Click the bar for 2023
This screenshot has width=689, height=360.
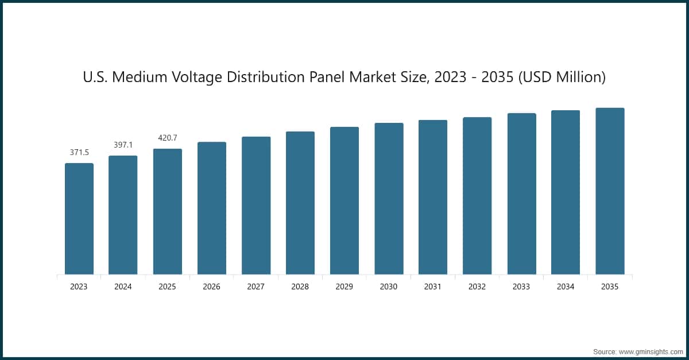(x=79, y=219)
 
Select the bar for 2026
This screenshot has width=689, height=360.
(x=212, y=208)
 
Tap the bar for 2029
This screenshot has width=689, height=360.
(x=344, y=200)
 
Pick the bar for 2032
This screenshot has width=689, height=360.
(x=477, y=196)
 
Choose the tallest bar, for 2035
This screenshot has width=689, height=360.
(x=610, y=191)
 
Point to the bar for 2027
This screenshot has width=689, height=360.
(x=256, y=206)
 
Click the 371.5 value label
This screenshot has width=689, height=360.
(x=79, y=153)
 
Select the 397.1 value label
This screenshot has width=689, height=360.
(x=123, y=145)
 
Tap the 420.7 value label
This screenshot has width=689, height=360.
(x=168, y=138)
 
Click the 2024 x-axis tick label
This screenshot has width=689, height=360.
(x=123, y=287)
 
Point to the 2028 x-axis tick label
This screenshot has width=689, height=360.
(x=300, y=287)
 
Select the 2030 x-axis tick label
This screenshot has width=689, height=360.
(x=389, y=287)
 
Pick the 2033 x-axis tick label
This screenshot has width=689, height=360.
(x=521, y=287)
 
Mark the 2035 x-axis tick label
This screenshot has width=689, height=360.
(x=610, y=287)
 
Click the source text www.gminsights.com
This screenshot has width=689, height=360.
(x=649, y=350)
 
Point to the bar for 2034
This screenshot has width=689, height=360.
(x=566, y=192)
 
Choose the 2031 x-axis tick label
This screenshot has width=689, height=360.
(x=433, y=287)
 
